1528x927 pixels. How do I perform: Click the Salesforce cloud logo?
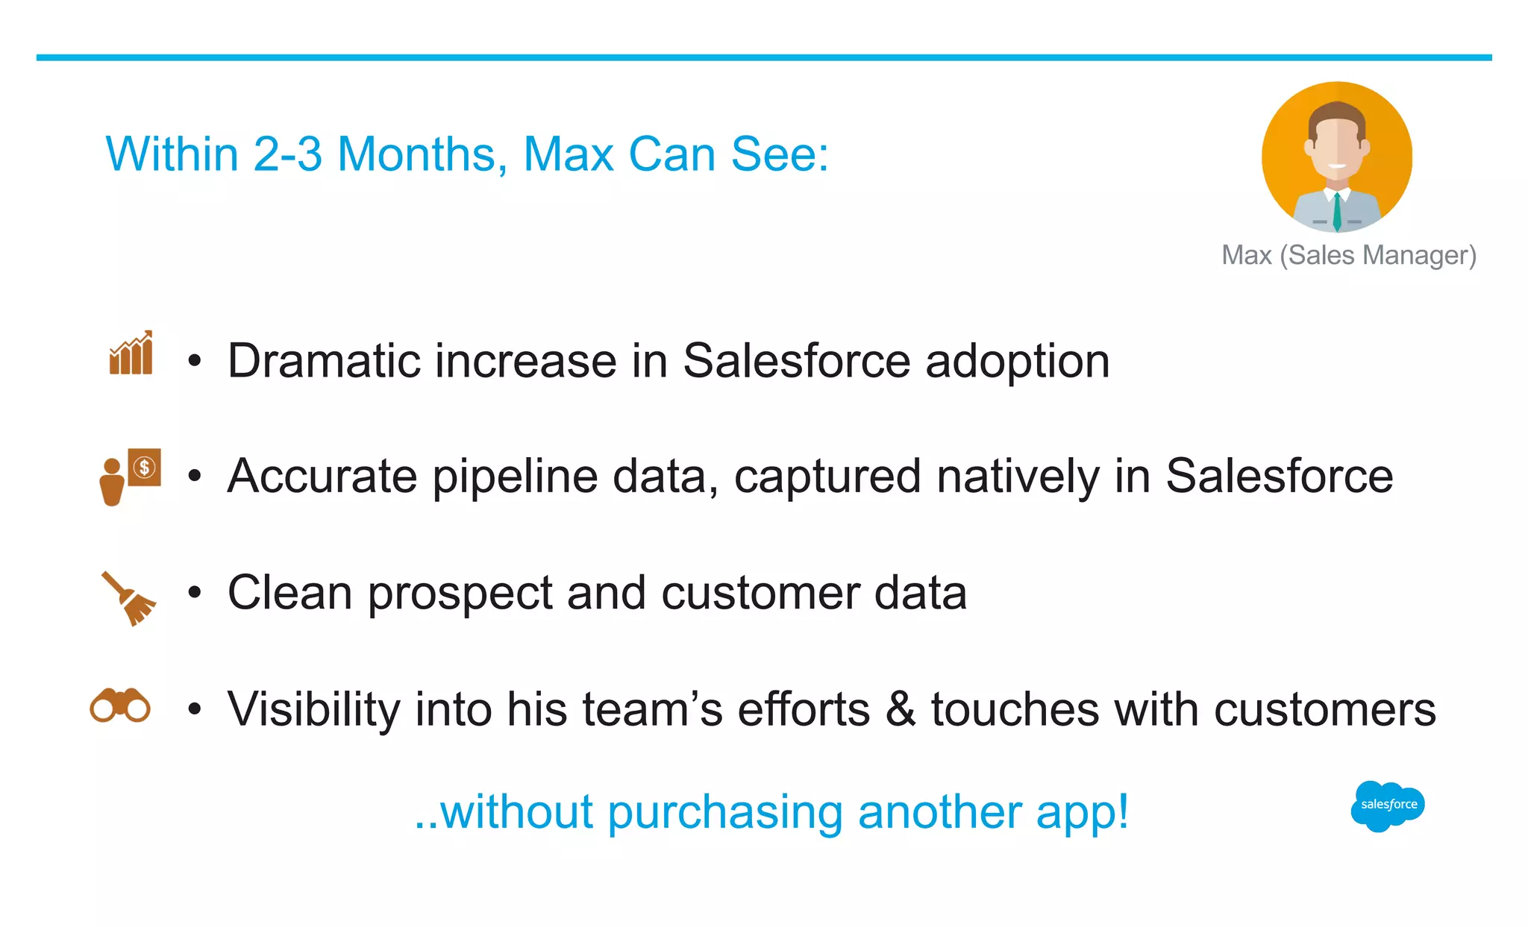point(1388,805)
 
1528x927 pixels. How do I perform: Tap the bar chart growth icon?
point(131,353)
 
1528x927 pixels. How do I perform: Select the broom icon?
point(129,598)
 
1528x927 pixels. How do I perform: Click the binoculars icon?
point(120,706)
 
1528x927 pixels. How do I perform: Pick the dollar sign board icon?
point(144,468)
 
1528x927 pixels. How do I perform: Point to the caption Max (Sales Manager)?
point(1349,255)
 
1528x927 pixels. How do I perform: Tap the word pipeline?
point(515,477)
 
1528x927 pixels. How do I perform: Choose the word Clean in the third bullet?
point(289,594)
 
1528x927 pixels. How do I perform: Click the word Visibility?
point(313,709)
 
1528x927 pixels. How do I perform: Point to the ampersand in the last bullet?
point(901,709)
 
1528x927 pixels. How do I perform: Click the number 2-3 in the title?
point(287,154)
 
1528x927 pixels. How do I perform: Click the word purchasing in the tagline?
point(725,812)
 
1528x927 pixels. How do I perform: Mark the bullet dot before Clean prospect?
point(195,594)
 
